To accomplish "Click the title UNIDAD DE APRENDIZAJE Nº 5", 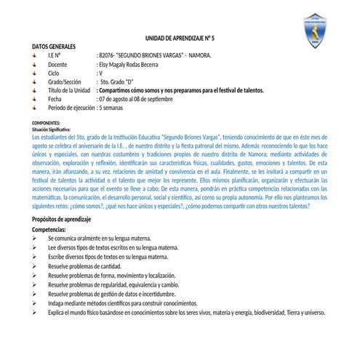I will [x=180, y=37].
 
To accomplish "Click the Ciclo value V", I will [x=100, y=73].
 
